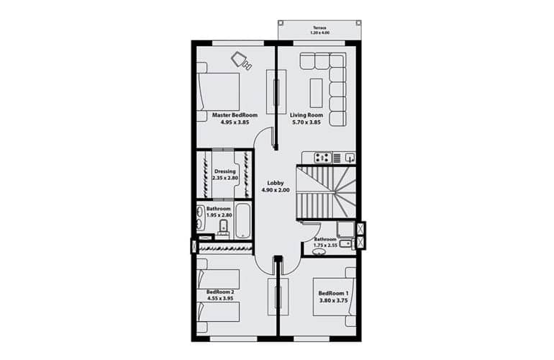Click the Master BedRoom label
tap(235, 115)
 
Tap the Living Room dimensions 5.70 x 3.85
tap(306, 122)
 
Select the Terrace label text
tap(319, 27)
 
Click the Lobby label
tap(276, 183)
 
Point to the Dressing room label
tap(225, 171)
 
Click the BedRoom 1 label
tap(334, 294)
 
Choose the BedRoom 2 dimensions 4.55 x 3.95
tap(220, 299)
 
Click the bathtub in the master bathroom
tap(243, 220)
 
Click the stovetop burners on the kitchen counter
tap(322, 158)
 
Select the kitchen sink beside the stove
tap(350, 158)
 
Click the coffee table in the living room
tap(317, 93)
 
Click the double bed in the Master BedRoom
tap(218, 92)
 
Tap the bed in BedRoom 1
tap(335, 297)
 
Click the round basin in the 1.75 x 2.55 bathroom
tap(319, 252)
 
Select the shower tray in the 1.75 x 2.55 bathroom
tap(345, 229)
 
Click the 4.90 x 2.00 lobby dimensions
tap(276, 190)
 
